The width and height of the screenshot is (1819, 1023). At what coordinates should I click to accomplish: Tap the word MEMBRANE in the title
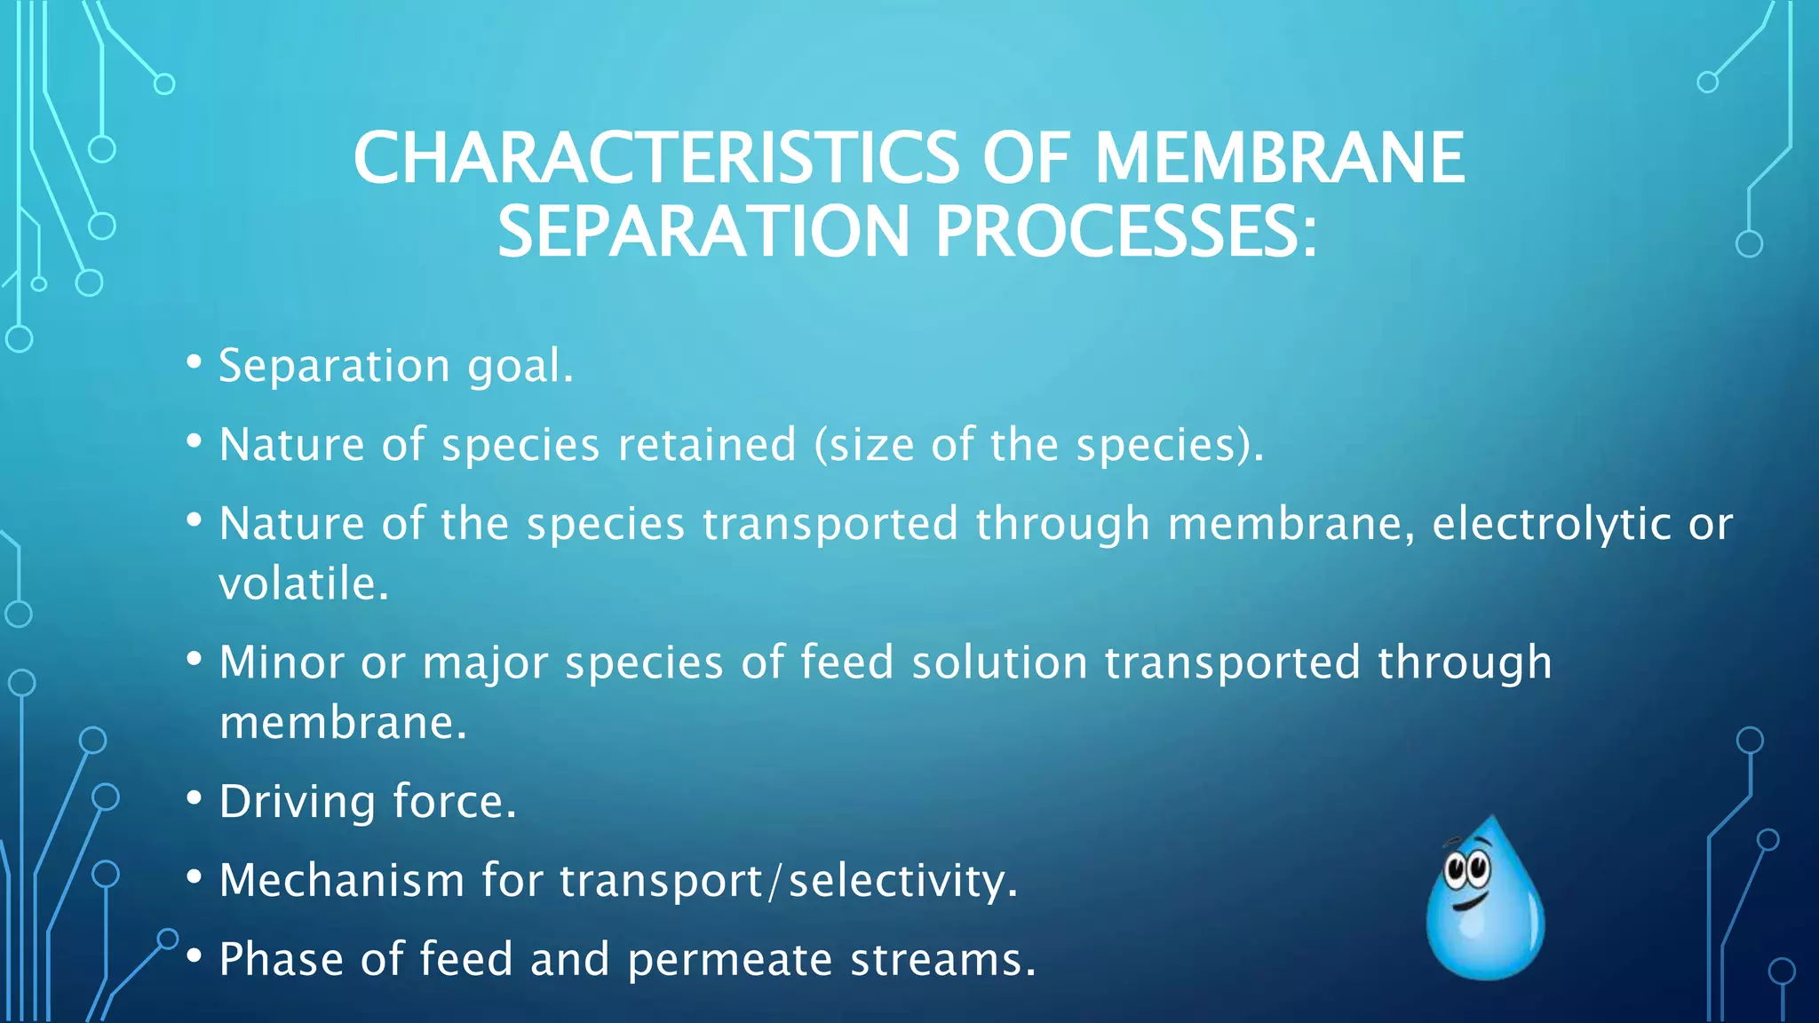[x=1279, y=158]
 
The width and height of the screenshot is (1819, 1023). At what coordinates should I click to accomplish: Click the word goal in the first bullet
[x=520, y=367]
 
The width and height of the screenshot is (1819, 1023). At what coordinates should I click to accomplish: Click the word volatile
[x=303, y=584]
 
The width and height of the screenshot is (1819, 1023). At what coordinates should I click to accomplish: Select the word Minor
[x=281, y=662]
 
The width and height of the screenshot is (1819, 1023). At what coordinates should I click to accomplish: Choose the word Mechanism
[x=342, y=880]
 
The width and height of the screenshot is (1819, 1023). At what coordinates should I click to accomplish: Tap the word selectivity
[x=902, y=880]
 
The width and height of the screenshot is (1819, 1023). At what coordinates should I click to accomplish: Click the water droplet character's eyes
[x=1467, y=868]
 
